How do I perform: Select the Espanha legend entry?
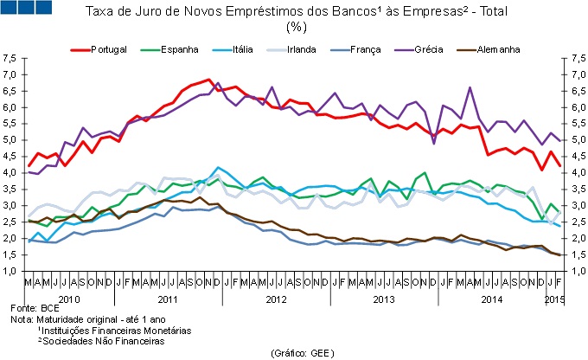pyautogui.click(x=180, y=49)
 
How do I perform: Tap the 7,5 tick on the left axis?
pyautogui.click(x=10, y=59)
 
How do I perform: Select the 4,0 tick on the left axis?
pyautogui.click(x=10, y=173)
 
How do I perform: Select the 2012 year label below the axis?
pyautogui.click(x=275, y=299)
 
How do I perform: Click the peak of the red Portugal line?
pyautogui.click(x=210, y=80)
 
